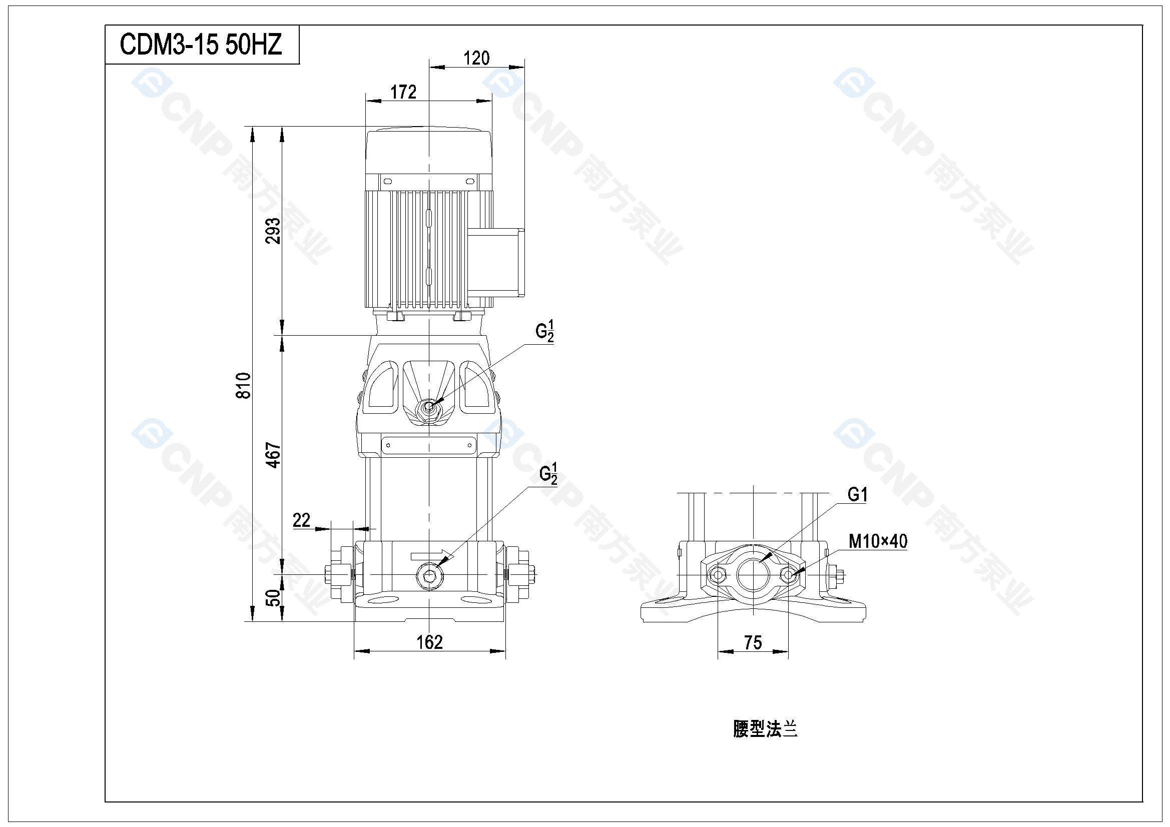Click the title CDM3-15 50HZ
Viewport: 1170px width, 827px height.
tap(201, 45)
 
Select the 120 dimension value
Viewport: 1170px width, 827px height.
tap(476, 58)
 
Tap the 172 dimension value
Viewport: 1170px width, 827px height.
tap(403, 92)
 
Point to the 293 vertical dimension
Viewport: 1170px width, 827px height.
tap(273, 231)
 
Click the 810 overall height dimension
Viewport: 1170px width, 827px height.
tap(244, 385)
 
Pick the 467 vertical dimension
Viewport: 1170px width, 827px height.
tap(274, 455)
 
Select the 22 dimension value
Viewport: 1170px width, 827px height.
tap(301, 520)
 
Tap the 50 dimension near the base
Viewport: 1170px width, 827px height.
tap(274, 598)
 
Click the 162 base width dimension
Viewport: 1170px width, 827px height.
tap(429, 642)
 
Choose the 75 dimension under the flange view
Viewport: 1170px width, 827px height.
tap(753, 642)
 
